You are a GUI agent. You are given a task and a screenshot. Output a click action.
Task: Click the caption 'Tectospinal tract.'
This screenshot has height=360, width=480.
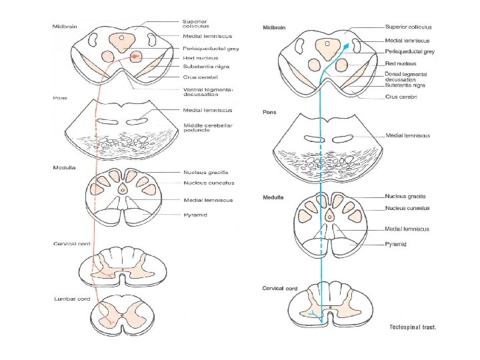[413, 327]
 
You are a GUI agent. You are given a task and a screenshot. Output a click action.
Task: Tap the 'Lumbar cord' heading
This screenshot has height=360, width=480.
[72, 299]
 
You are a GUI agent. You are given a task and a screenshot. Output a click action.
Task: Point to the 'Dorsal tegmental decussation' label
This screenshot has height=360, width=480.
[406, 76]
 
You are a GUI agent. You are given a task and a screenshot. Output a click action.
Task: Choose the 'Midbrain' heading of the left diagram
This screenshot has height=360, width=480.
[65, 27]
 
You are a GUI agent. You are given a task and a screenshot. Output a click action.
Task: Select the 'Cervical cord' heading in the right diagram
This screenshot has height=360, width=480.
[279, 289]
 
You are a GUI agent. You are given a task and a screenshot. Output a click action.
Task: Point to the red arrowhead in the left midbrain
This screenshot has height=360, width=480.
[137, 57]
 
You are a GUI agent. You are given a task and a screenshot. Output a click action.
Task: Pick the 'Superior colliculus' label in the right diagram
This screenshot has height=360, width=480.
[408, 27]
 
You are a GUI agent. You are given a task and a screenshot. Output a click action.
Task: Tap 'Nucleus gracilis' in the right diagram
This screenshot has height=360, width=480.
[405, 196]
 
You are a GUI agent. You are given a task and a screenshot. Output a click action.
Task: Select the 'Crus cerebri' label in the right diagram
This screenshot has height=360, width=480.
[401, 97]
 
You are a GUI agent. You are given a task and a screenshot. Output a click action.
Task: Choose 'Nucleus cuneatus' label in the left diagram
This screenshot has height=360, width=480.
[209, 182]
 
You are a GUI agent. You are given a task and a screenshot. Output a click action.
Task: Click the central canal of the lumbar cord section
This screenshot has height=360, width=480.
[122, 313]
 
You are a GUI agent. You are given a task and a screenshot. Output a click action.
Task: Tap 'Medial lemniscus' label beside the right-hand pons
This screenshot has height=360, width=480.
[407, 135]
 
